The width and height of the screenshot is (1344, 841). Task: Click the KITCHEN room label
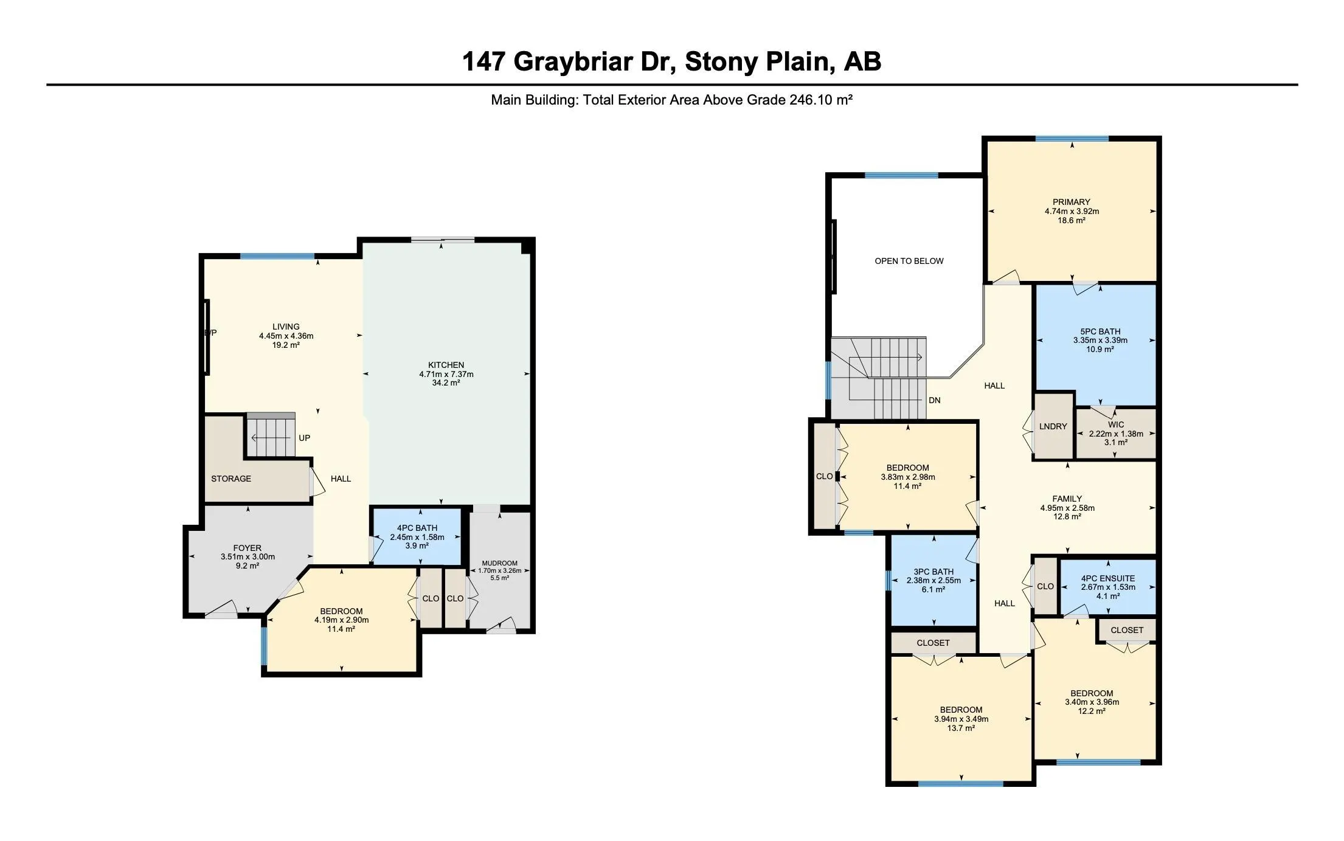(x=446, y=365)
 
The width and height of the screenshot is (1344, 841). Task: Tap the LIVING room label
(x=286, y=327)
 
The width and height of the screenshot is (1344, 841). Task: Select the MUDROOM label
(x=499, y=563)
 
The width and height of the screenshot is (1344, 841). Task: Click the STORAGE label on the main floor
(x=231, y=479)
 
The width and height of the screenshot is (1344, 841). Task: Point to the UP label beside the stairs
(x=305, y=438)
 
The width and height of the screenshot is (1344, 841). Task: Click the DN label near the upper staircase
(x=935, y=400)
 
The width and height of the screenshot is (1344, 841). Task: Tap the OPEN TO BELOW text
(x=909, y=261)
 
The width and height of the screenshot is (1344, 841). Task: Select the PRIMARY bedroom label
(x=1072, y=202)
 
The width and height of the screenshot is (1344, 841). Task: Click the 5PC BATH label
(x=1100, y=331)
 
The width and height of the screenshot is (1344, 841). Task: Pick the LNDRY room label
(x=1053, y=426)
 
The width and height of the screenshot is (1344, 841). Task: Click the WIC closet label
(x=1116, y=424)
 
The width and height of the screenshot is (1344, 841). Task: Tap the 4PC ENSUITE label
(x=1108, y=578)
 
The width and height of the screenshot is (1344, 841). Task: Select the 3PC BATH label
(x=934, y=572)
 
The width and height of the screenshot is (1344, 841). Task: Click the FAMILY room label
(x=1067, y=499)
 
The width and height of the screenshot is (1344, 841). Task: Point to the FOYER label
(x=248, y=548)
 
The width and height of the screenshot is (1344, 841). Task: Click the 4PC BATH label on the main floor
(x=417, y=528)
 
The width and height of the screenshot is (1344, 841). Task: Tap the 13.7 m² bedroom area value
(x=961, y=728)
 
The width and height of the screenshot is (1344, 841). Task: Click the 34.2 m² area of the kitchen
(x=446, y=383)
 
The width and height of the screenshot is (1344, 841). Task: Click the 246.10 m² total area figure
(x=820, y=100)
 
